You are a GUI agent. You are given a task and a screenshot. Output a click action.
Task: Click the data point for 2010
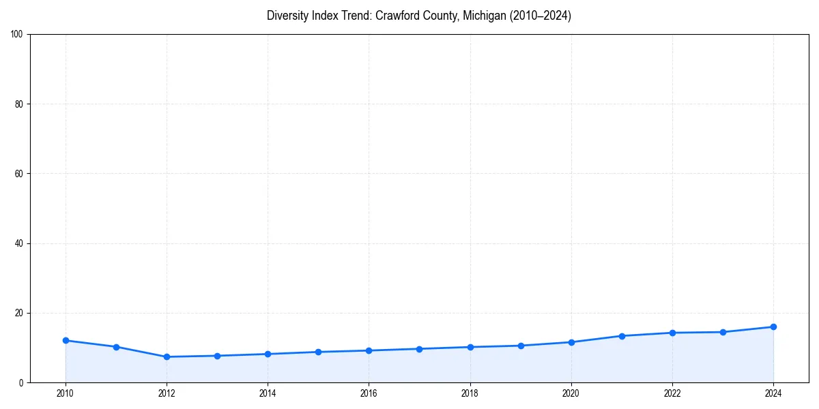tap(66, 340)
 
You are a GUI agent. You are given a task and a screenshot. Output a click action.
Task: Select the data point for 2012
tap(167, 357)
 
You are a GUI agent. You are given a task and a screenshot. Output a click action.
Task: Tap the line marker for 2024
tap(773, 327)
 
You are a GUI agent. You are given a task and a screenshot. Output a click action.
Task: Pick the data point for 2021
tap(622, 335)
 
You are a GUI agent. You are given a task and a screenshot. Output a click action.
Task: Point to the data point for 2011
tap(116, 347)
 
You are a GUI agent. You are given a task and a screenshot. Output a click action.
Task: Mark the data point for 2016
tap(369, 350)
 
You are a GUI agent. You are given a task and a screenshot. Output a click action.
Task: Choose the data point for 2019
tap(521, 346)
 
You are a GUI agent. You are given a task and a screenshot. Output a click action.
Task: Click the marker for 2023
tap(723, 332)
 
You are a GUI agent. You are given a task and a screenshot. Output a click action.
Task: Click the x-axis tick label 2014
tap(268, 393)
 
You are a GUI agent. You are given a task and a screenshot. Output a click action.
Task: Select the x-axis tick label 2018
tap(470, 393)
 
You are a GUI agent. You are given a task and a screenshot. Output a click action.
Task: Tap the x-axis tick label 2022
tap(672, 393)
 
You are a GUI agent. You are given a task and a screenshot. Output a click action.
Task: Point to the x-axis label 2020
tap(571, 393)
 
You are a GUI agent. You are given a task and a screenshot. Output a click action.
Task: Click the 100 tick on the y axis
tap(18, 34)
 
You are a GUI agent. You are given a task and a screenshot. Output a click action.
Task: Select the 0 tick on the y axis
tap(22, 382)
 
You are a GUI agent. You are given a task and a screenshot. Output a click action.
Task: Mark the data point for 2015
tap(318, 352)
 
